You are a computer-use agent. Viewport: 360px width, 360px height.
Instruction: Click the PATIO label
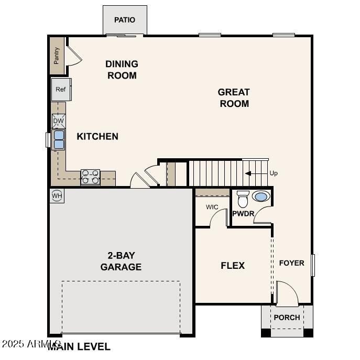pyautogui.click(x=125, y=20)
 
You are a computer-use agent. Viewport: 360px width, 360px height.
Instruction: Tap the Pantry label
pyautogui.click(x=57, y=56)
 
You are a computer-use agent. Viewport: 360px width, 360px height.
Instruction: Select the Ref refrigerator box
pyautogui.click(x=61, y=90)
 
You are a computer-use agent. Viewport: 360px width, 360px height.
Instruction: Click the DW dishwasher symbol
pyautogui.click(x=59, y=121)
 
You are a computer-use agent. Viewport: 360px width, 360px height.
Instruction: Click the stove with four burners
pyautogui.click(x=90, y=177)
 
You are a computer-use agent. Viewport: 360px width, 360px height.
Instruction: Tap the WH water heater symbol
pyautogui.click(x=57, y=196)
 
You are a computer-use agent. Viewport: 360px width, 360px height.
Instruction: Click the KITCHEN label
pyautogui.click(x=97, y=136)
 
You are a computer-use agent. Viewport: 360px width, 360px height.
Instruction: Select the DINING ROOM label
pyautogui.click(x=122, y=70)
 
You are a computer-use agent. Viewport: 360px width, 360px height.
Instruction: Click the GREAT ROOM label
pyautogui.click(x=234, y=97)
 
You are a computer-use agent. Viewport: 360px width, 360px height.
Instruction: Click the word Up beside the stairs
pyautogui.click(x=274, y=173)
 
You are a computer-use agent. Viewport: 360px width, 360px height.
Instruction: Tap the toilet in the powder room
pyautogui.click(x=243, y=200)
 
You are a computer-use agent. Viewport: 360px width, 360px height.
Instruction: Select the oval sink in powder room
pyautogui.click(x=260, y=197)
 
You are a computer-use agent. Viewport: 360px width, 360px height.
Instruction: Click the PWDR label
pyautogui.click(x=243, y=214)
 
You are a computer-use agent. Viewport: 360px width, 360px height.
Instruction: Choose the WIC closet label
pyautogui.click(x=212, y=207)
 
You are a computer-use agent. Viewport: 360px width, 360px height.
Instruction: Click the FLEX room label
pyautogui.click(x=233, y=266)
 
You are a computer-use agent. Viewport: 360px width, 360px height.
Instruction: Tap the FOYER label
pyautogui.click(x=291, y=263)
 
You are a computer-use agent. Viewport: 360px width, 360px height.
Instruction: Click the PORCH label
pyautogui.click(x=287, y=318)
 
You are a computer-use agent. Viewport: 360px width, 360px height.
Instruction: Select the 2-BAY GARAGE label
pyautogui.click(x=121, y=261)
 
